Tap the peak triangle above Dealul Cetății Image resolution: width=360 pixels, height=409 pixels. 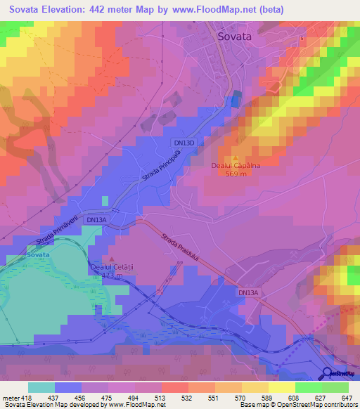[x=110, y=260]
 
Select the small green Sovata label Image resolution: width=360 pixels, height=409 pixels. [x=38, y=256]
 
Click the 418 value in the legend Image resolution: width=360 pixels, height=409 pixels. [x=25, y=397]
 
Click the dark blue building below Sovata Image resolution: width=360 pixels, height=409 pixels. [x=236, y=99]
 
